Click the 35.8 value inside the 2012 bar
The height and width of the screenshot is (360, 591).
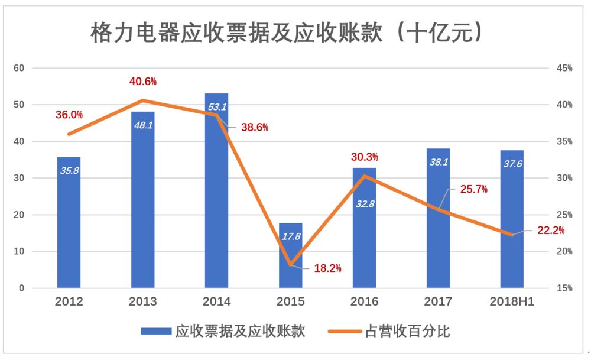pos(69,170)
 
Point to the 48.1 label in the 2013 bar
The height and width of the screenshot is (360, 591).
pos(142,125)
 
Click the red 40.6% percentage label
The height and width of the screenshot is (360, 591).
pos(143,82)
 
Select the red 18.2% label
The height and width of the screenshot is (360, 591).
pos(327,268)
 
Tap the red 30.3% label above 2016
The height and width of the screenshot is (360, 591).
pos(365,157)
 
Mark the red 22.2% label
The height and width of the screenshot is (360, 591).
pos(551,231)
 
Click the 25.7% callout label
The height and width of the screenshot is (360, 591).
pos(474,189)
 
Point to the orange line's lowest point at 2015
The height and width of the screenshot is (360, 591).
pos(290,264)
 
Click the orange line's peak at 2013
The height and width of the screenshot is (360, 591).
pos(142,100)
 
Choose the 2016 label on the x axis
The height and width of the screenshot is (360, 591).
pos(364,302)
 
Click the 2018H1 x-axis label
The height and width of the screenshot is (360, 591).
pos(512,302)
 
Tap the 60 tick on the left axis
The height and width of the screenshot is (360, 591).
pos(19,68)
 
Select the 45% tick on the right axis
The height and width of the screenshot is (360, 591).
pos(564,68)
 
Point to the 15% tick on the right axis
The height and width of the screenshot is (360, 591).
pos(564,288)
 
